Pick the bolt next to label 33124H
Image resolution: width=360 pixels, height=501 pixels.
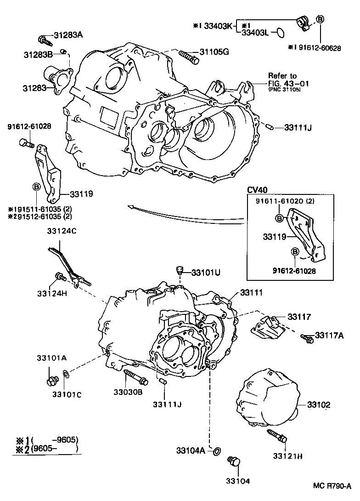click(60, 276)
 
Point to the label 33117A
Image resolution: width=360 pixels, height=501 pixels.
click(329, 336)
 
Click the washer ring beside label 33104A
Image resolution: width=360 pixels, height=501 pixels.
click(215, 450)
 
